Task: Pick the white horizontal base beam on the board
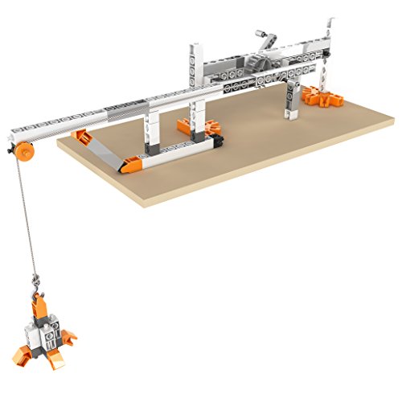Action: click(x=177, y=150)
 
